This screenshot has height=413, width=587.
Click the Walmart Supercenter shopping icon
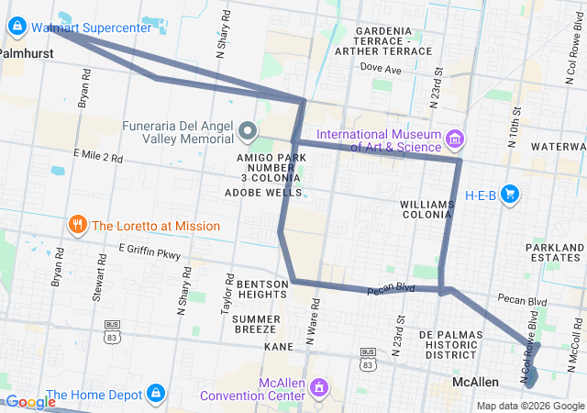tap(16, 28)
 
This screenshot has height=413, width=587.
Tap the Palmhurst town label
tap(26, 54)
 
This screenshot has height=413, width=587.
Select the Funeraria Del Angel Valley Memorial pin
tap(247, 132)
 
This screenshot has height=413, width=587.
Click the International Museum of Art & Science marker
tap(455, 140)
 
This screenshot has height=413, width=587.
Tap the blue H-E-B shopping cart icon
tap(511, 194)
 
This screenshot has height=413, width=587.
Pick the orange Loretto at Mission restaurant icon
tap(77, 226)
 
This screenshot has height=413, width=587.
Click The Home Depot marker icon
tap(154, 395)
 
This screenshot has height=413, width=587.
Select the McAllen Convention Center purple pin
tap(318, 388)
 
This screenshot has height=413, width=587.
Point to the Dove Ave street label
tap(381, 69)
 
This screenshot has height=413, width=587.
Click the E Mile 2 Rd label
tap(96, 159)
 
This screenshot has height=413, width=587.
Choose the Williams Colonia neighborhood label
tap(430, 210)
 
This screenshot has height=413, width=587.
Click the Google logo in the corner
tap(32, 401)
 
